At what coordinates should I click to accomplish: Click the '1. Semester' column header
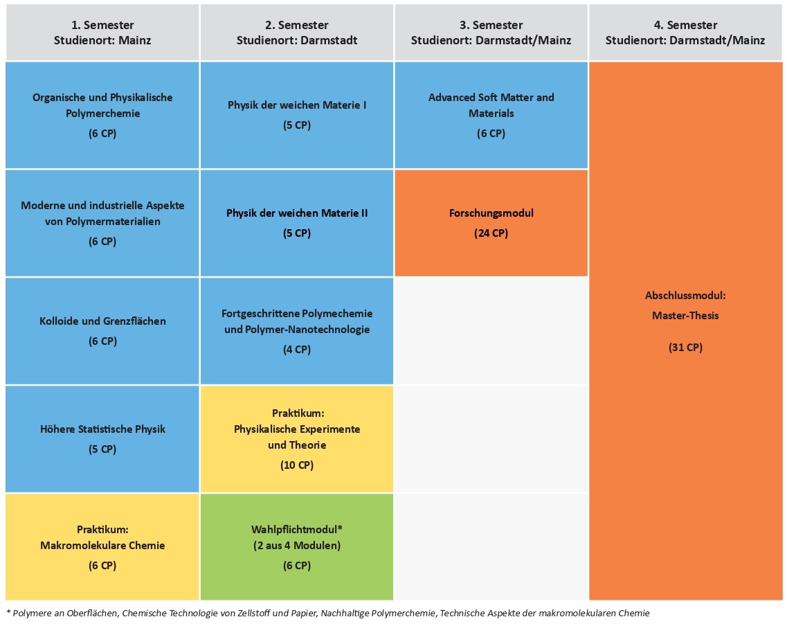[102, 33]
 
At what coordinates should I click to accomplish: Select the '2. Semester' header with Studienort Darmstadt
[297, 33]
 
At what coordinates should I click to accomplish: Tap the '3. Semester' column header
[491, 33]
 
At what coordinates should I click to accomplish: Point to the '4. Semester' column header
[686, 33]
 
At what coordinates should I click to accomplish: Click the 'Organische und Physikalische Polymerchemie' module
[102, 115]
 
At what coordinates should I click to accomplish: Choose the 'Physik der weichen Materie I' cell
[297, 115]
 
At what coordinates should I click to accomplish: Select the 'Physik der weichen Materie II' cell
[297, 223]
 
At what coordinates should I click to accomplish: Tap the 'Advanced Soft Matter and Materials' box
[491, 115]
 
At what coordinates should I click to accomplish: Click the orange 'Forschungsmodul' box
[491, 223]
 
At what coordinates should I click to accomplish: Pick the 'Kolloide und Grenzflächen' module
[102, 331]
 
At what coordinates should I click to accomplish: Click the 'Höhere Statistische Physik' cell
[102, 439]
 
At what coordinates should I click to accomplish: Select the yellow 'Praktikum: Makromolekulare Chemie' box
[102, 546]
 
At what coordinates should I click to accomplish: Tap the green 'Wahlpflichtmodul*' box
[297, 546]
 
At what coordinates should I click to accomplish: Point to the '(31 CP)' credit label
[686, 348]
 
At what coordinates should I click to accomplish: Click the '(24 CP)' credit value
[491, 233]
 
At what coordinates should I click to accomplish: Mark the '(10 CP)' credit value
[297, 465]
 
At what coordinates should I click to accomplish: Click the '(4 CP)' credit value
[297, 350]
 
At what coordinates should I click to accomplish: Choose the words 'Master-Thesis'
[686, 316]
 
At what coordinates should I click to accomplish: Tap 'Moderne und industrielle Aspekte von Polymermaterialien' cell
[102, 223]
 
